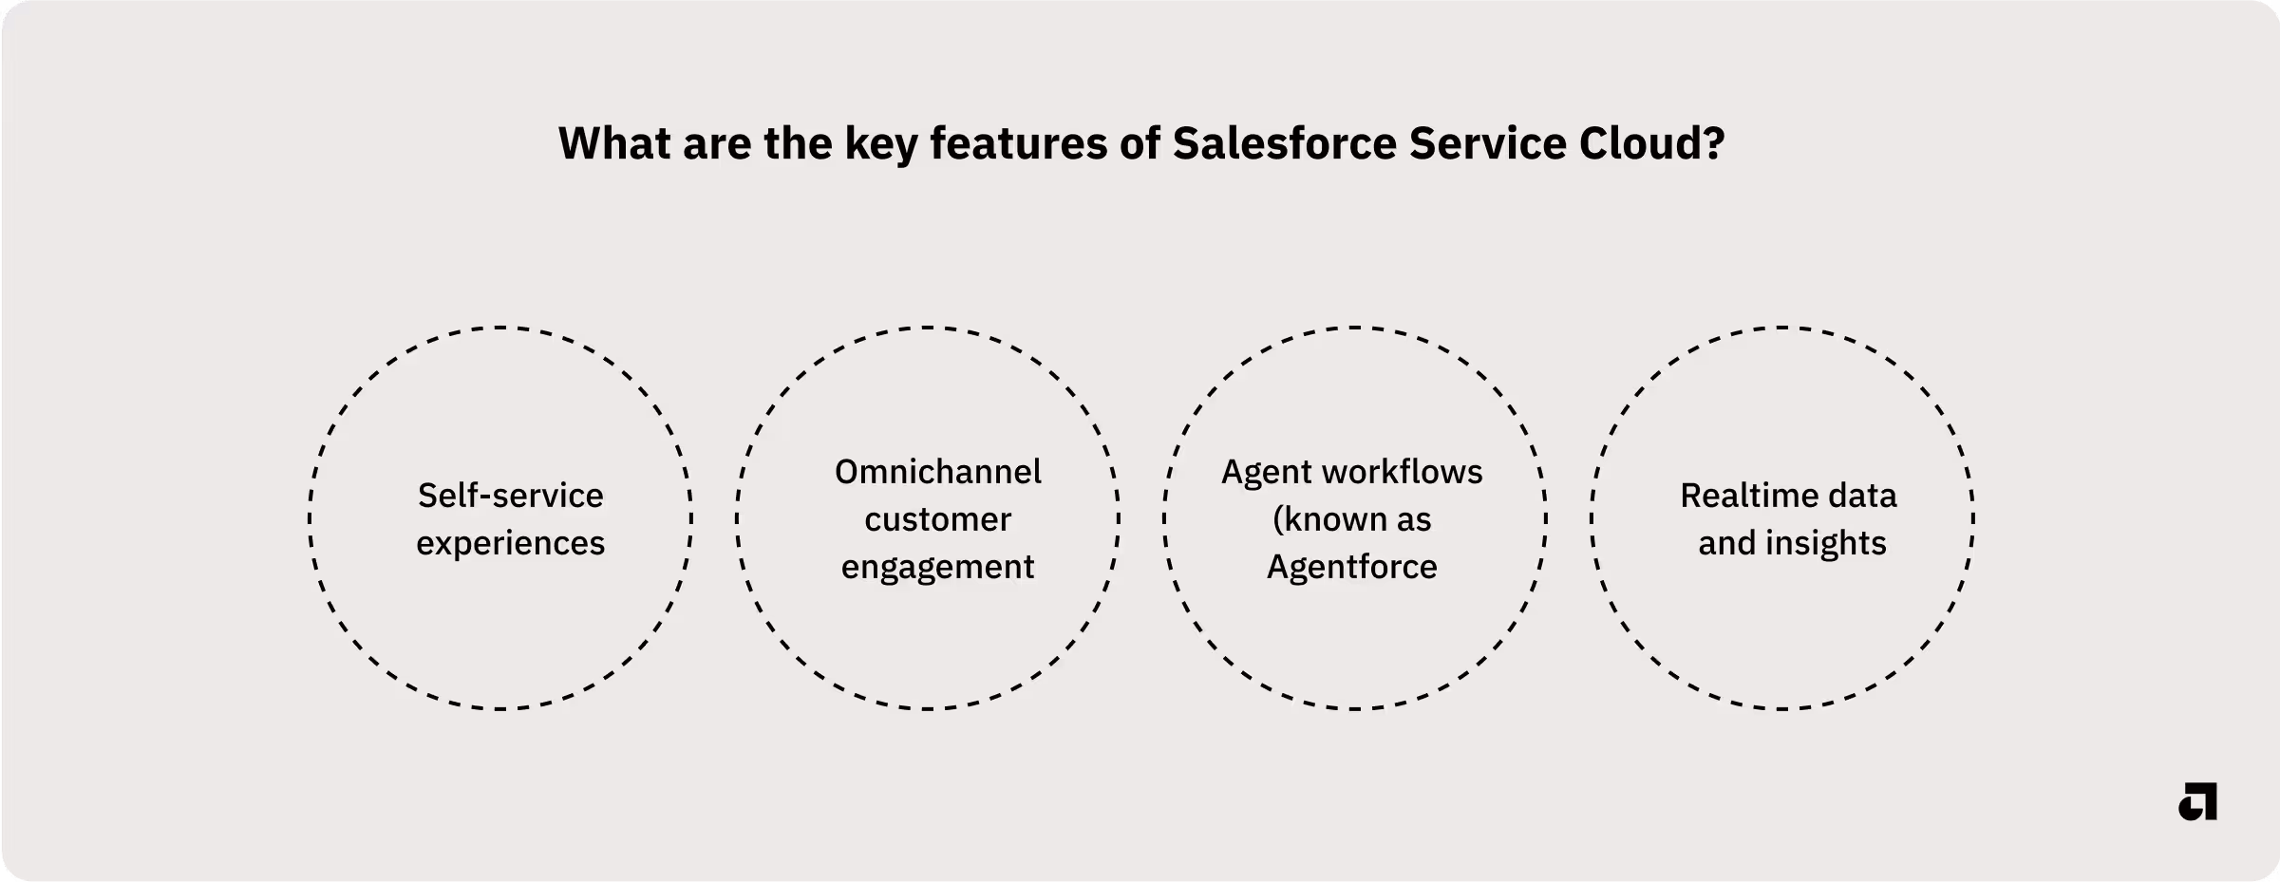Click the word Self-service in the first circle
tap(510, 496)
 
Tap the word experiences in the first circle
tap(510, 543)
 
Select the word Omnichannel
tap(937, 472)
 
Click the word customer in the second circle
tap(937, 519)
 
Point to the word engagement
tap(937, 567)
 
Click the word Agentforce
tap(1351, 567)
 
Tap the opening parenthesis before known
tap(1278, 519)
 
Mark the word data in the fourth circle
tap(1864, 496)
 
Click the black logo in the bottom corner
tap(2197, 802)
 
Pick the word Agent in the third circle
tap(1258, 472)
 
